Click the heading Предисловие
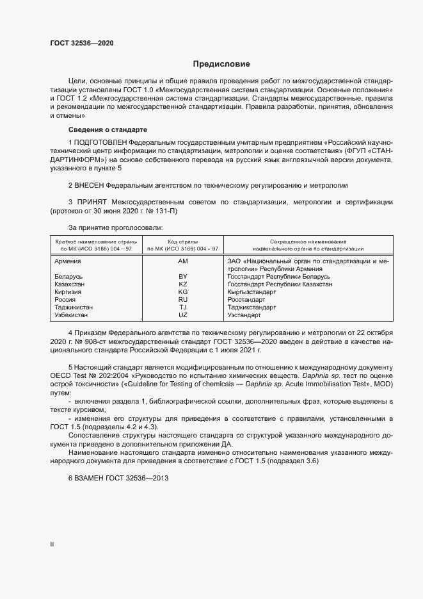click(221, 64)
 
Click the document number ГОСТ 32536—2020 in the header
click(83, 43)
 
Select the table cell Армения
click(68, 261)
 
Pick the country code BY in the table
click(183, 276)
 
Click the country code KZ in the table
click(183, 284)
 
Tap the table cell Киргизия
click(68, 291)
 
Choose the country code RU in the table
click(183, 299)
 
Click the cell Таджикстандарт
click(252, 308)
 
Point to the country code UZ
click(183, 315)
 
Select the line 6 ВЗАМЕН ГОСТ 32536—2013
click(114, 479)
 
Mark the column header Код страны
click(183, 240)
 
